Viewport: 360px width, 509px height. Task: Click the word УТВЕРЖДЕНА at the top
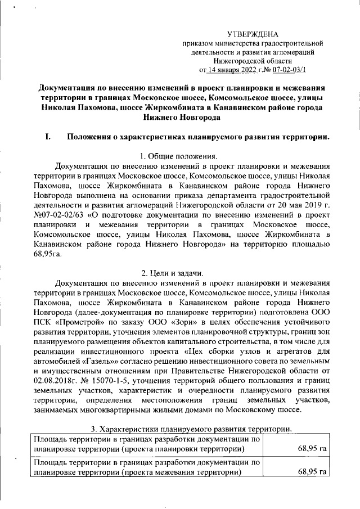[x=253, y=35]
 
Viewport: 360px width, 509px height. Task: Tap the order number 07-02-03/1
[x=292, y=70]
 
